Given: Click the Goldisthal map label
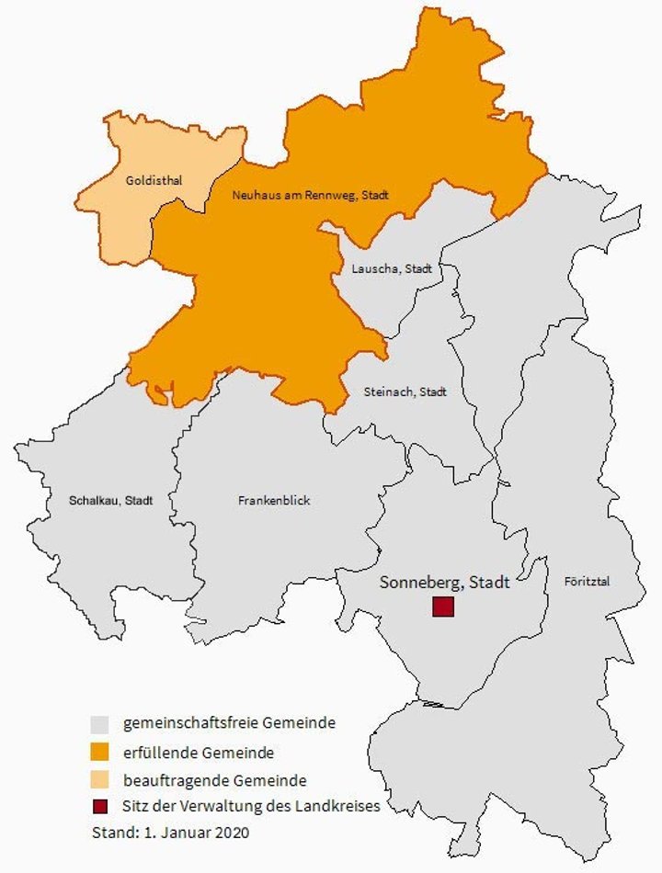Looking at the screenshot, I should (x=154, y=181).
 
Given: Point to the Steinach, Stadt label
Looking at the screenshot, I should (x=405, y=391).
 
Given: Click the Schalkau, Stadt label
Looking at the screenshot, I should (x=110, y=501).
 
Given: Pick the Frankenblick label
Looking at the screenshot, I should (x=274, y=501).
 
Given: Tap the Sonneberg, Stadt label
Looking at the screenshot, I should (x=445, y=583).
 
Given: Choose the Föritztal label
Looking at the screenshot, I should (x=583, y=581).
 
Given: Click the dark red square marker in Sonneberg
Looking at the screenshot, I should (x=444, y=607).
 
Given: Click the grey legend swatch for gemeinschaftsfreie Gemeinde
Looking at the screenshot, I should (x=100, y=724).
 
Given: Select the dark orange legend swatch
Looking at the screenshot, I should (x=100, y=753).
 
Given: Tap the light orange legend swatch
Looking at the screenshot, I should (x=100, y=780).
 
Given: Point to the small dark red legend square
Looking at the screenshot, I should (x=100, y=807).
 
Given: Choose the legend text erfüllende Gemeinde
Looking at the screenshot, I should (x=199, y=753).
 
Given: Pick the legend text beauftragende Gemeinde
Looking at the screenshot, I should (x=215, y=780).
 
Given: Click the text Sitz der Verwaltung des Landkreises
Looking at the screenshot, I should (x=250, y=807).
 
